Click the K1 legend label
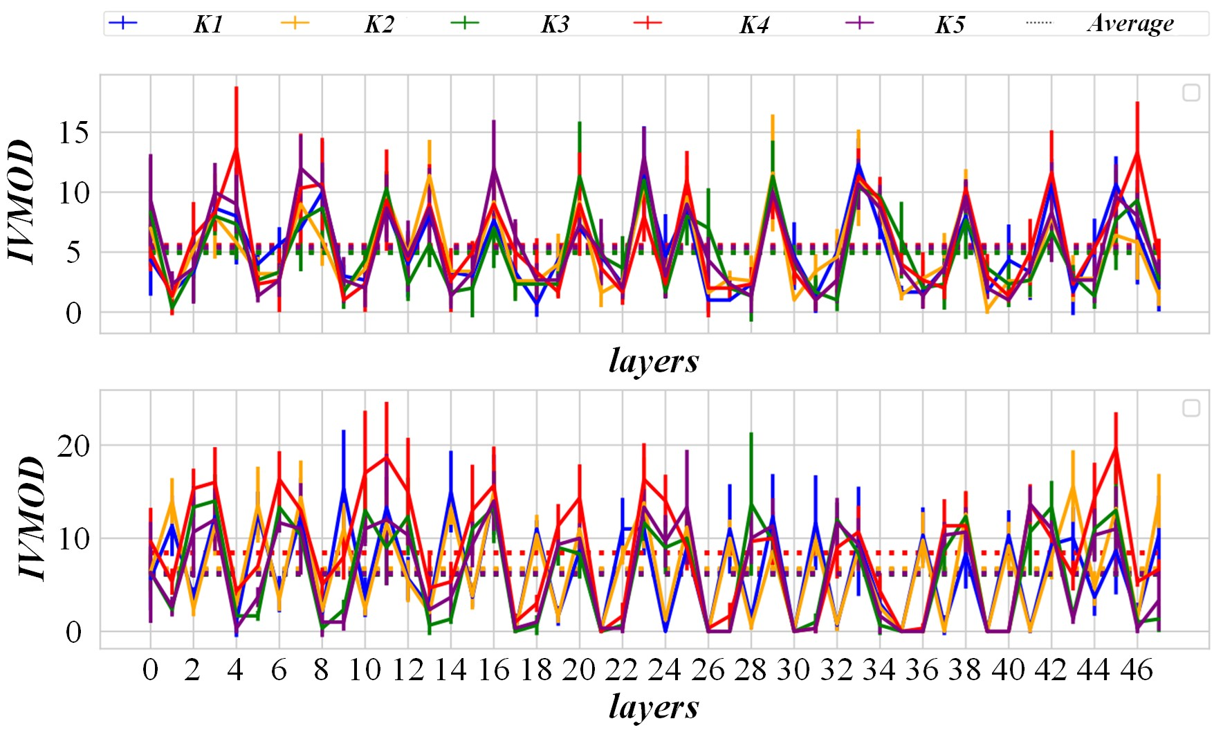(208, 24)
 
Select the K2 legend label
(379, 24)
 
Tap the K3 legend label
(555, 24)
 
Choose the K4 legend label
(754, 25)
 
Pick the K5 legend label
(950, 25)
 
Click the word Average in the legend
(1130, 24)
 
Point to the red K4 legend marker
(647, 23)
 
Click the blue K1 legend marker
(123, 23)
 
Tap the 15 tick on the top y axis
(73, 133)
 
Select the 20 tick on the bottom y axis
(73, 446)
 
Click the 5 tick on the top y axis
(73, 253)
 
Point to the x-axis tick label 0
(150, 670)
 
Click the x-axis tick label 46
(1137, 670)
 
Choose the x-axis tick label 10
(364, 670)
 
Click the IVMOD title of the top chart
(22, 201)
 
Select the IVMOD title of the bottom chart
(31, 518)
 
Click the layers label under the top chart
(654, 361)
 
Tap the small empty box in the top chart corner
(1190, 92)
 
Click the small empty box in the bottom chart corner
(1190, 408)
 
